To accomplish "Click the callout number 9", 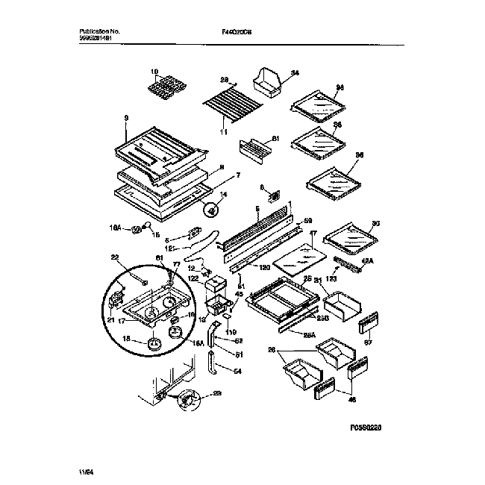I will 126,118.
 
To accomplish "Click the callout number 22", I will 115,257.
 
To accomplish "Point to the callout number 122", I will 193,278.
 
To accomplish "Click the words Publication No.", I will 99,31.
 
